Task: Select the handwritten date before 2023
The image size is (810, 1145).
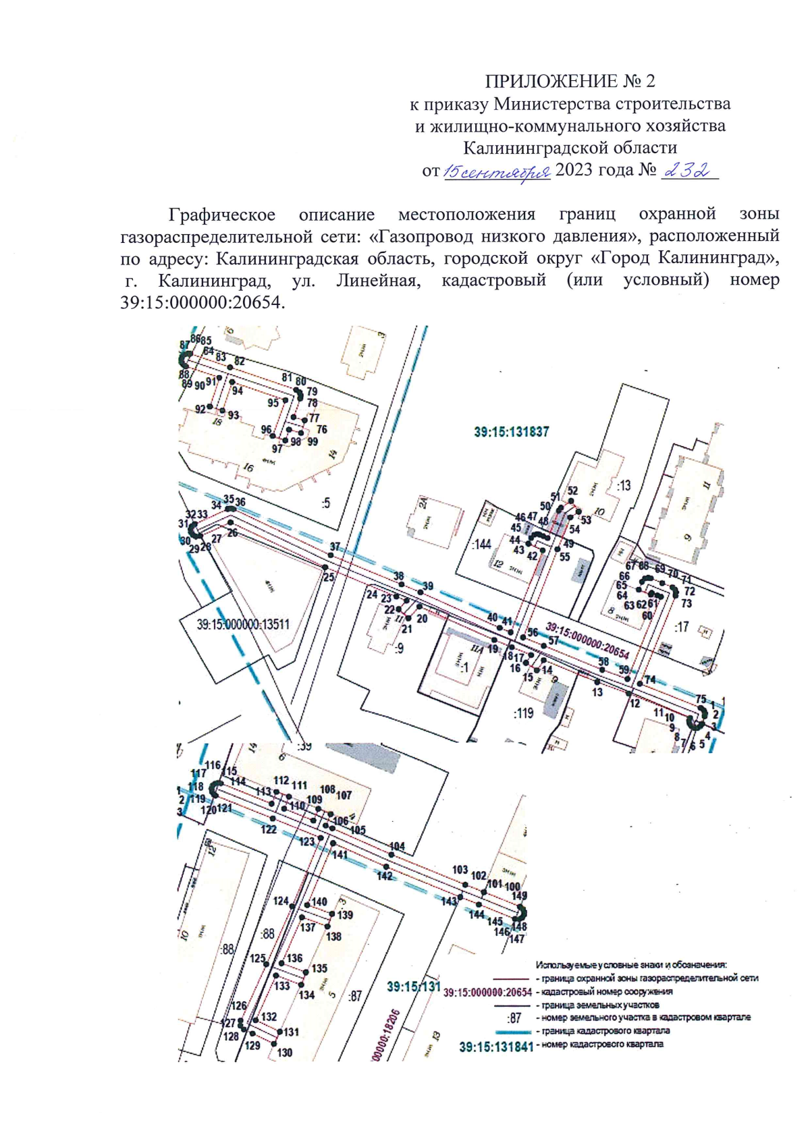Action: click(497, 173)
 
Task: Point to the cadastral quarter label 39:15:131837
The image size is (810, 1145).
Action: click(511, 432)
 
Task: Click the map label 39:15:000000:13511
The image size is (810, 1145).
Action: click(243, 625)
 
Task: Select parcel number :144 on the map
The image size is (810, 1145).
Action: click(482, 544)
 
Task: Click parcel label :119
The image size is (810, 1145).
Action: click(523, 713)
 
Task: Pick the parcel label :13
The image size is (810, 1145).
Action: click(623, 485)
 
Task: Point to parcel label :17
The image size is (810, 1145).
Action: click(681, 627)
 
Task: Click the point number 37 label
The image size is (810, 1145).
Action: click(335, 547)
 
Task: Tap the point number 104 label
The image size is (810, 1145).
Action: click(397, 846)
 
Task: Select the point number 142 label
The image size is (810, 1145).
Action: click(384, 876)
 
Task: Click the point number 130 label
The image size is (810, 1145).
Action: click(284, 1053)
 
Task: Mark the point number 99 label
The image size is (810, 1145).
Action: click(312, 442)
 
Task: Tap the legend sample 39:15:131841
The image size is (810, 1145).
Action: click(496, 1046)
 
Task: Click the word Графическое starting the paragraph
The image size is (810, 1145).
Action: click(221, 215)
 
